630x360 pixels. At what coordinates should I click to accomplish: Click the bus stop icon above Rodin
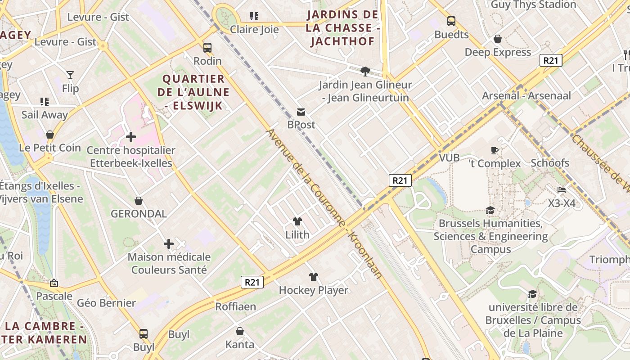[x=207, y=47]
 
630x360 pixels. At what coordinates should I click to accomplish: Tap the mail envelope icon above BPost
[x=301, y=112]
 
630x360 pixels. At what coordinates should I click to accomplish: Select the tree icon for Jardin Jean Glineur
[x=365, y=71]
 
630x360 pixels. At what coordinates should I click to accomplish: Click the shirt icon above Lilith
[x=297, y=221]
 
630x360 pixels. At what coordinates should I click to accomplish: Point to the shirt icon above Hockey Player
[x=314, y=277]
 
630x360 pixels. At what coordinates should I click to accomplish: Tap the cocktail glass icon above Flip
[x=70, y=75]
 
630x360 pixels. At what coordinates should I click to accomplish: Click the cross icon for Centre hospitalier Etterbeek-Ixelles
[x=131, y=136]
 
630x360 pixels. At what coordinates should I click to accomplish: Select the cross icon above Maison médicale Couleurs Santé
[x=169, y=244]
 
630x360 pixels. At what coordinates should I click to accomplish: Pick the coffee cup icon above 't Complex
[x=495, y=150]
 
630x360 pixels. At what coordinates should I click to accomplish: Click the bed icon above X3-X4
[x=561, y=190]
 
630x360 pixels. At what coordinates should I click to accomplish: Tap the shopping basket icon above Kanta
[x=240, y=331]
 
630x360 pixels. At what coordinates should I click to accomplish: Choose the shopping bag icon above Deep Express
[x=498, y=39]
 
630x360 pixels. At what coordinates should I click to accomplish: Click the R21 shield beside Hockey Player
[x=252, y=282]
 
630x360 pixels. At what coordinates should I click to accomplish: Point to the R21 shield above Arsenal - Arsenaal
[x=551, y=60]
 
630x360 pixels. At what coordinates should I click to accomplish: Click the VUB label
[x=449, y=157]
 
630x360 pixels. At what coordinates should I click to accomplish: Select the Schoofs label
[x=550, y=163]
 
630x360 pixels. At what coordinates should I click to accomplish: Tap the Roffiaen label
[x=235, y=306]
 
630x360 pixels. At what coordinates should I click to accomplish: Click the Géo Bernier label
[x=106, y=303]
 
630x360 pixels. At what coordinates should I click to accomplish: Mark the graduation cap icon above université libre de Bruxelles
[x=532, y=294]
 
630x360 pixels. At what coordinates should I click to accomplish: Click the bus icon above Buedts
[x=451, y=21]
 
